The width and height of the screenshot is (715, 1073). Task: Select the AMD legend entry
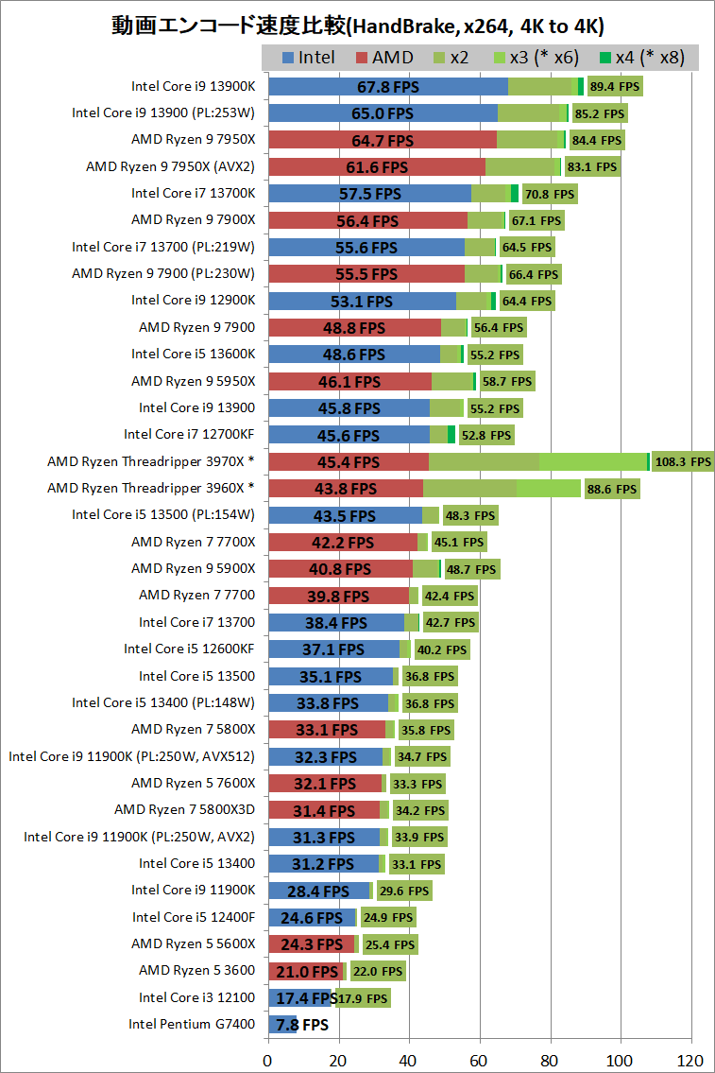[383, 58]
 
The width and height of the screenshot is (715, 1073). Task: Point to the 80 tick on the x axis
[551, 1054]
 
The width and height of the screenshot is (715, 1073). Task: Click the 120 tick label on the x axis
[691, 1054]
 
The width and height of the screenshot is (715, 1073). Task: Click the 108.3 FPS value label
[682, 462]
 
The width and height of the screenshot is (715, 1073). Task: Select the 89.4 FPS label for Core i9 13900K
[615, 87]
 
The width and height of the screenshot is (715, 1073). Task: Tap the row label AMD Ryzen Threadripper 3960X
[151, 488]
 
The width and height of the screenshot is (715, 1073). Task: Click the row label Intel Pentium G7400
[192, 1024]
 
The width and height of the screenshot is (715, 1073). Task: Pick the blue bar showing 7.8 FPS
[282, 1025]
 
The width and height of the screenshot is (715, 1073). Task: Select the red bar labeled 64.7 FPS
[383, 140]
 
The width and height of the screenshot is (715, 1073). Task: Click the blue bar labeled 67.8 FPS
[388, 87]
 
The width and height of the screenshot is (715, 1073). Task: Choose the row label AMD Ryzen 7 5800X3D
[184, 809]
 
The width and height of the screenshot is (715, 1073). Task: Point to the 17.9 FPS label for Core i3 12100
[363, 998]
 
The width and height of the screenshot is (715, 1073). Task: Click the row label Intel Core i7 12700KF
[189, 434]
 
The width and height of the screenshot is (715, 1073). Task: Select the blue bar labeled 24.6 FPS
[312, 917]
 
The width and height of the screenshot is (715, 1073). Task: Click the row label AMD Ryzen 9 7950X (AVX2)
[170, 166]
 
